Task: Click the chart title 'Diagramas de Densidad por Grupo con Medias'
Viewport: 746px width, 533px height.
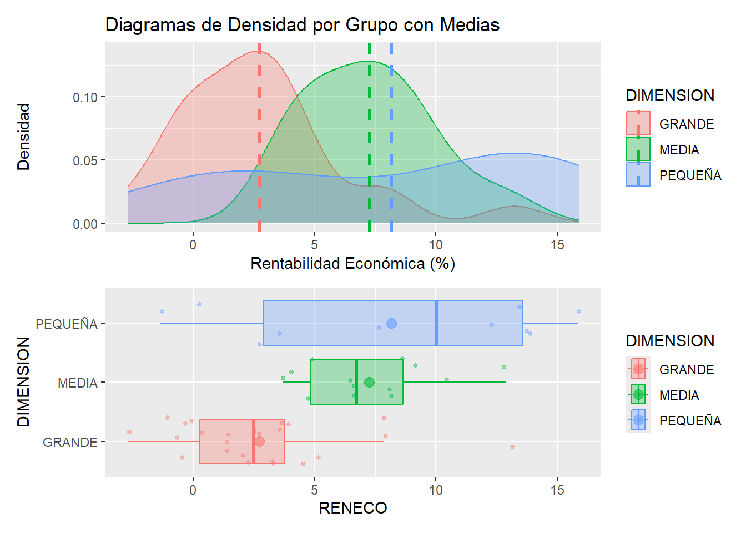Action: click(x=302, y=25)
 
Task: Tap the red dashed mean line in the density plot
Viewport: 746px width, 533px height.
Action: click(x=259, y=139)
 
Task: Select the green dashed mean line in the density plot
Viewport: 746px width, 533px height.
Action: click(x=369, y=139)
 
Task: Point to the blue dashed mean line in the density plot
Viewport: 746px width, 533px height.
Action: click(x=391, y=139)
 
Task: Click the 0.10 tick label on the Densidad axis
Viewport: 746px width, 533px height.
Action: click(x=85, y=98)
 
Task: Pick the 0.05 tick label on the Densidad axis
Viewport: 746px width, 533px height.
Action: click(x=85, y=161)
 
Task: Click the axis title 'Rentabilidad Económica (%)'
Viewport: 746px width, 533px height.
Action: click(x=352, y=263)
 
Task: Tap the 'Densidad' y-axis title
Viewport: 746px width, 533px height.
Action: click(x=23, y=137)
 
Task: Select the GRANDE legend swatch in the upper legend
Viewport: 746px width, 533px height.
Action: click(x=638, y=123)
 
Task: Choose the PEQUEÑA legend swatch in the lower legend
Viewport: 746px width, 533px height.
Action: click(x=638, y=420)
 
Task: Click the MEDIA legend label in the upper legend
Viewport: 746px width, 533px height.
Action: click(x=679, y=150)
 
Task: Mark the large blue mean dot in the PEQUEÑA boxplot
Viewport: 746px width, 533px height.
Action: click(x=391, y=323)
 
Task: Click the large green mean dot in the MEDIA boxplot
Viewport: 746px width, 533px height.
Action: click(x=369, y=382)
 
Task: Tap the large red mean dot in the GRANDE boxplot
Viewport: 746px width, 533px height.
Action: click(x=259, y=442)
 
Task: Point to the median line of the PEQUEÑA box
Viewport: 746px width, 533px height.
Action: click(x=436, y=323)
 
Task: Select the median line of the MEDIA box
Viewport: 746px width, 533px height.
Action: click(x=356, y=382)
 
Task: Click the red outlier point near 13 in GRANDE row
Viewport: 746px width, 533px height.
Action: click(x=512, y=447)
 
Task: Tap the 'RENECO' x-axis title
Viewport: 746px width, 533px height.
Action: click(x=352, y=508)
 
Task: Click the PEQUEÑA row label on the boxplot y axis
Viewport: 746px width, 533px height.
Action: click(x=67, y=324)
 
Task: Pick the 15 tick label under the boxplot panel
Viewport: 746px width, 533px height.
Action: click(x=557, y=490)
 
